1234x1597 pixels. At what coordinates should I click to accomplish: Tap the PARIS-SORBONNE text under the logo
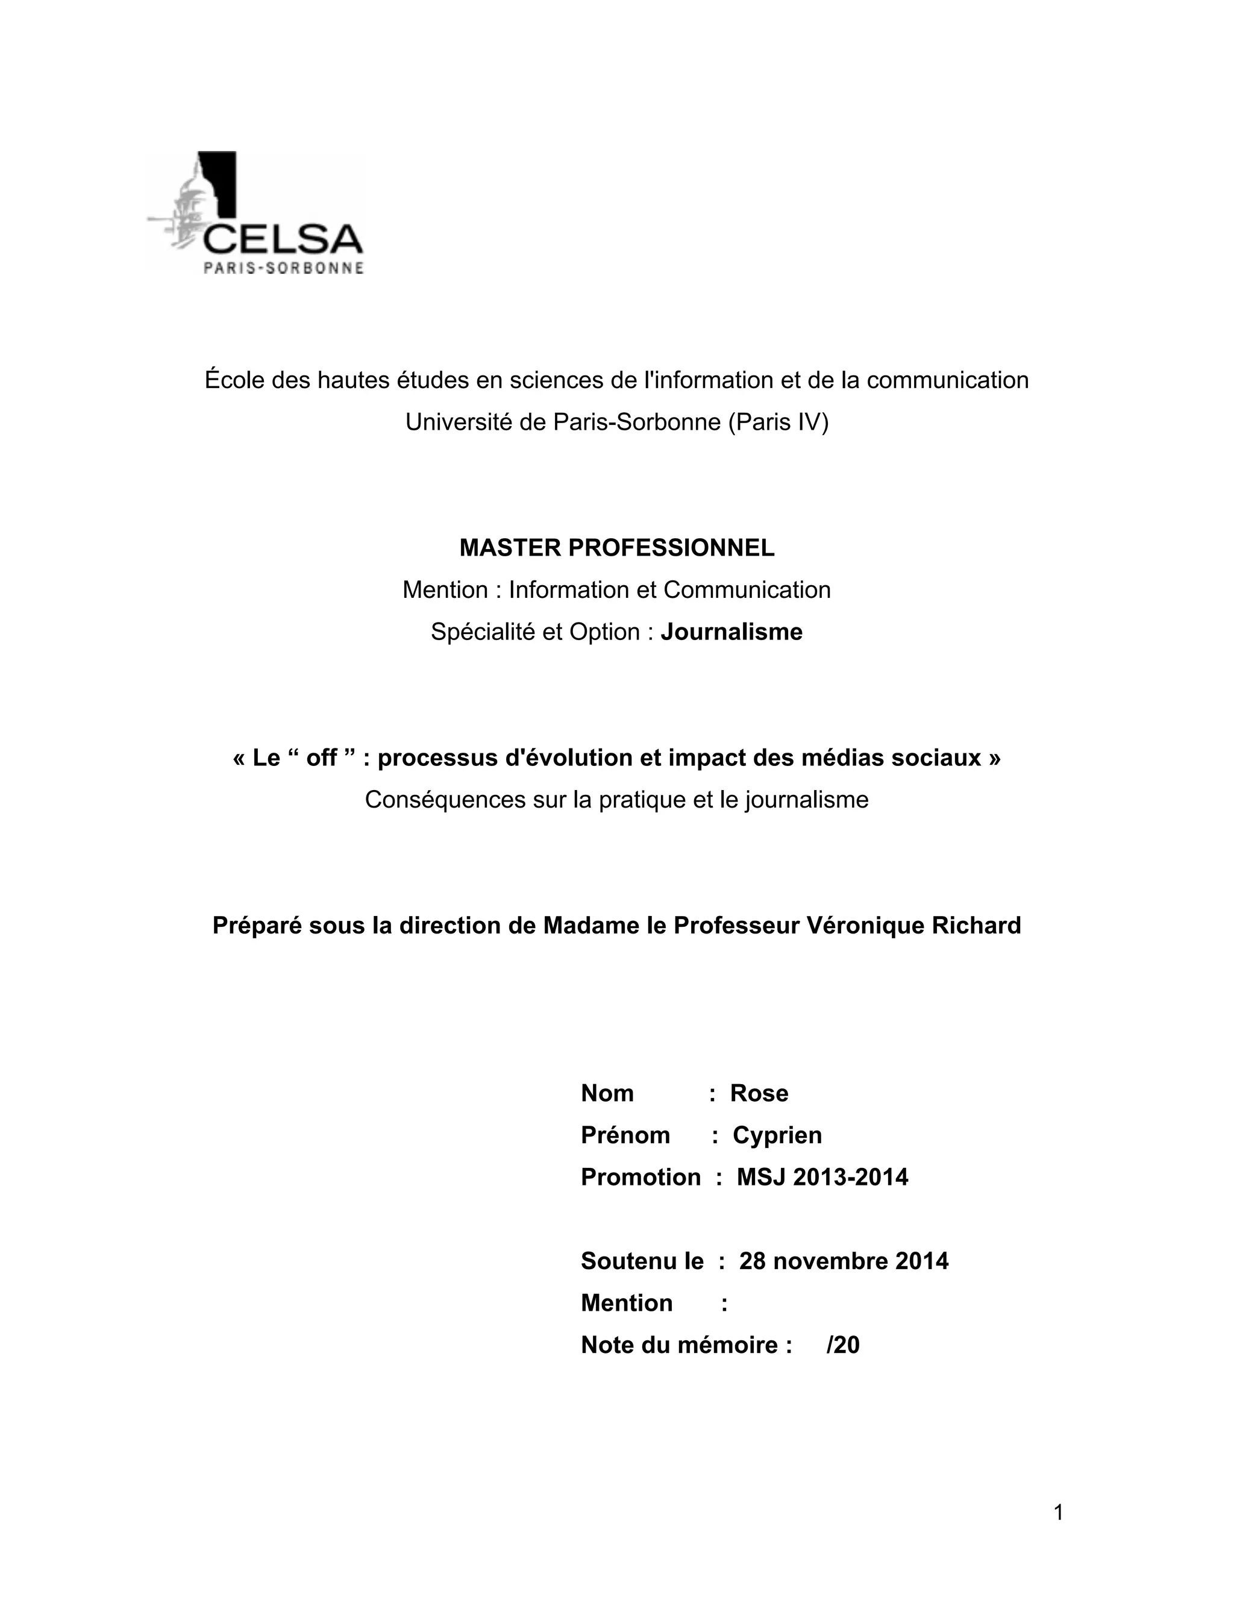283,268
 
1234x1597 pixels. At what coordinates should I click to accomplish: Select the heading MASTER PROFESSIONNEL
616,548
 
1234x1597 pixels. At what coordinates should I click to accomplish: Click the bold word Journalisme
731,632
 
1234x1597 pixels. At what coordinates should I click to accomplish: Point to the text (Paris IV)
778,422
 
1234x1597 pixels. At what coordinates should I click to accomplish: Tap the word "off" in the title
321,758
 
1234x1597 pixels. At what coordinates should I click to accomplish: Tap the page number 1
1058,1512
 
